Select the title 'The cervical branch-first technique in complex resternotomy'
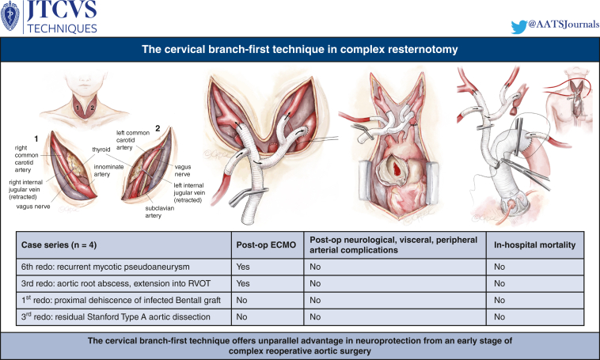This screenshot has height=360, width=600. pos(300,51)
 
